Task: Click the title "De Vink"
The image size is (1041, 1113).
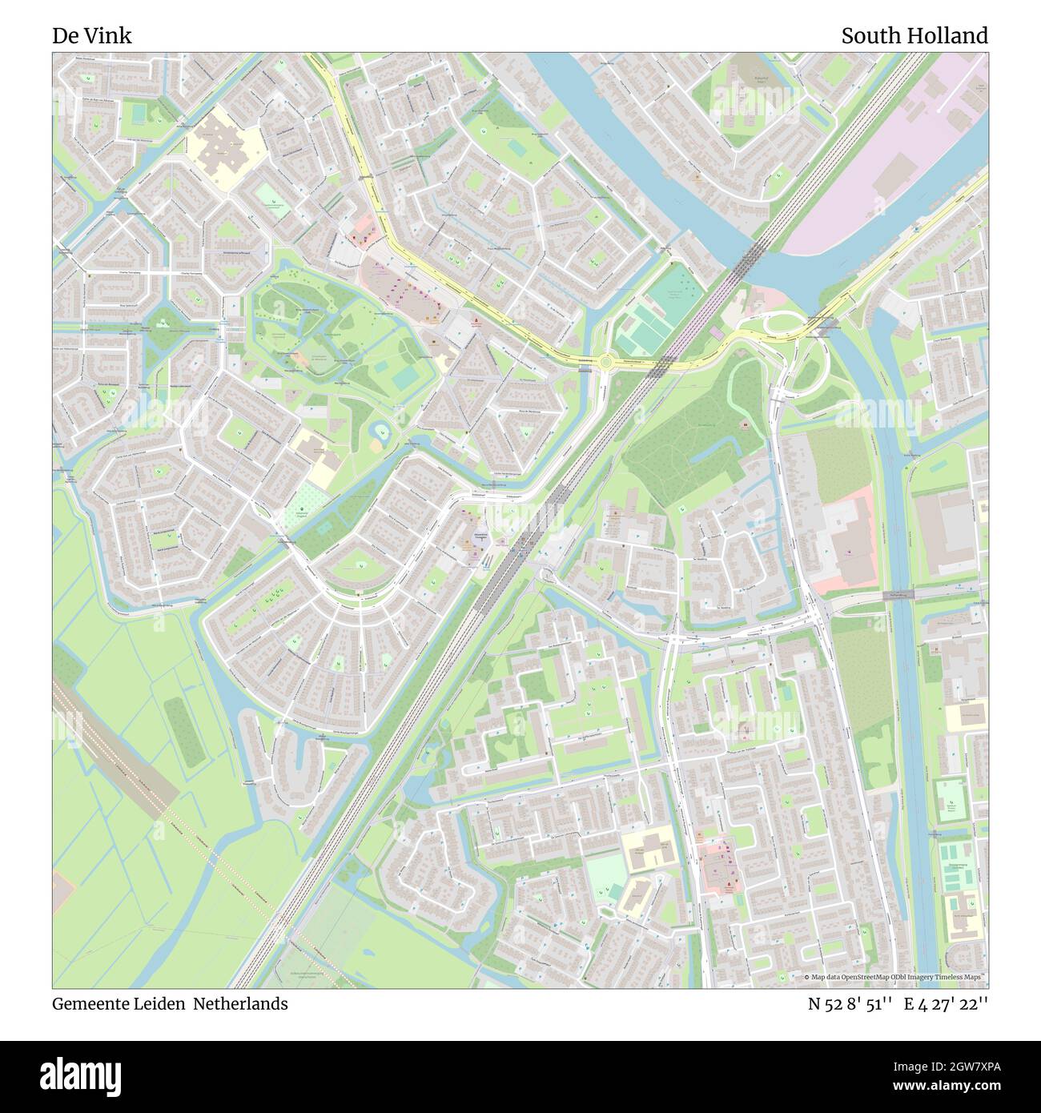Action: (92, 36)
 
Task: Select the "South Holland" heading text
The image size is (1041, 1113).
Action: (914, 36)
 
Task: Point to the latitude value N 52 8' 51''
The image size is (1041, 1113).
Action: (850, 1003)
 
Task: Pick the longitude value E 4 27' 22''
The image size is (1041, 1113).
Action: (946, 1003)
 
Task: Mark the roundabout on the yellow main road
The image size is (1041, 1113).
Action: (605, 362)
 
